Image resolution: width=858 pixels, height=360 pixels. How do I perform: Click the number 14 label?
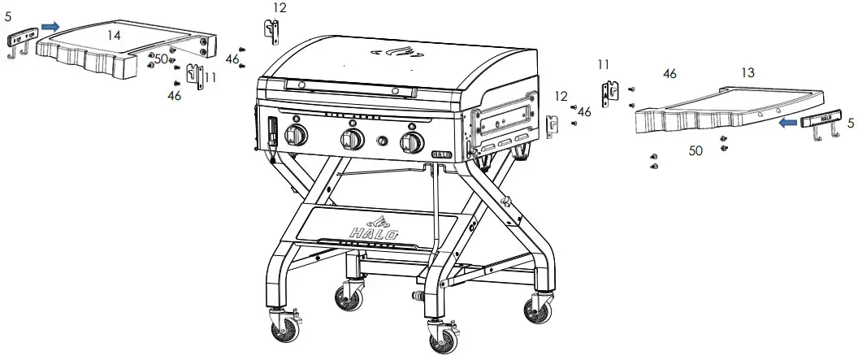point(115,35)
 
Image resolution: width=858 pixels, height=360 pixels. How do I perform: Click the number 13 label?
point(747,73)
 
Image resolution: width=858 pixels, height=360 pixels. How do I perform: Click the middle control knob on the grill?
point(353,140)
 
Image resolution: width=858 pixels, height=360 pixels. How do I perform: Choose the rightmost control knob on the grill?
point(413,143)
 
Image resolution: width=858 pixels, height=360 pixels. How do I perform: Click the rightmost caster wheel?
point(536,310)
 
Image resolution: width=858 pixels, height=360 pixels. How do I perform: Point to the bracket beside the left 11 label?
point(193,76)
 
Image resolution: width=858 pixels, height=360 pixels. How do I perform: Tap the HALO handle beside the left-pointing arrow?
point(821,123)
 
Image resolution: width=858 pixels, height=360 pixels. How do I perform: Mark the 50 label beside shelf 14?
point(161,59)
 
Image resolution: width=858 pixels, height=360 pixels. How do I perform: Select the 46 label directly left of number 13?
point(669,74)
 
